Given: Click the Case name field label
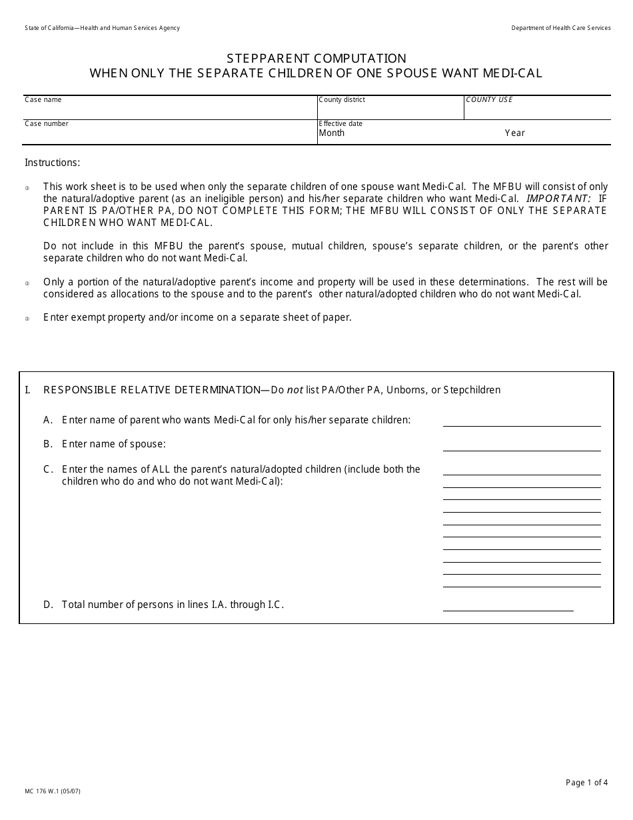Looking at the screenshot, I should (43, 100).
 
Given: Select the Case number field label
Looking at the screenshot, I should (47, 124).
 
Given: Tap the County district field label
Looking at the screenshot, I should (342, 100).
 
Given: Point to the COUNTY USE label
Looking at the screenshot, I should (489, 100).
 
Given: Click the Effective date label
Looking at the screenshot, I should (340, 124).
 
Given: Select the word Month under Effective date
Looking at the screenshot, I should (332, 133).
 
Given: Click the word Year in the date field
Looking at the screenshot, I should (515, 133).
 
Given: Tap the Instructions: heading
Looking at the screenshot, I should (52, 163).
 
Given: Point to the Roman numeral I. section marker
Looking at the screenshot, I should (27, 390).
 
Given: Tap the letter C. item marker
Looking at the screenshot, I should (48, 469).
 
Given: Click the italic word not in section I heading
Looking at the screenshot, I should (295, 390).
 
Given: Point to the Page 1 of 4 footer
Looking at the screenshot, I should (586, 783).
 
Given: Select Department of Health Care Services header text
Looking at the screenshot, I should (560, 28).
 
